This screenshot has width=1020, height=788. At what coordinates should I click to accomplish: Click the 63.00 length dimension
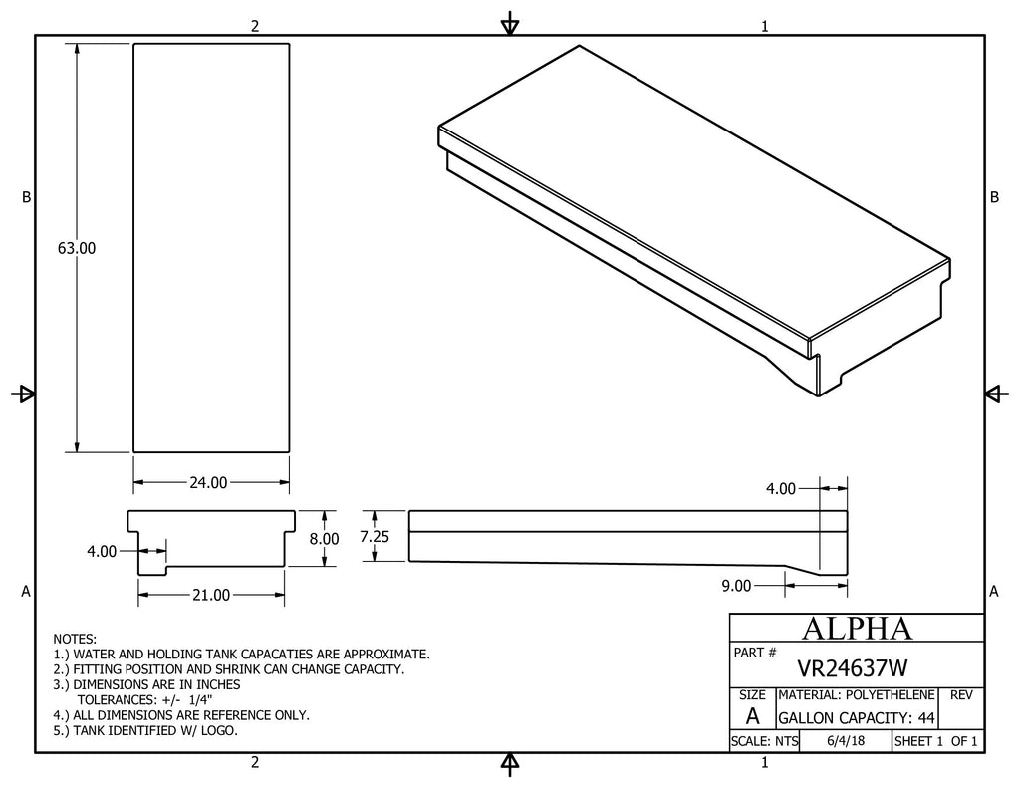tap(76, 248)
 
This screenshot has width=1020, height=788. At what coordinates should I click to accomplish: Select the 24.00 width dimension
tap(209, 483)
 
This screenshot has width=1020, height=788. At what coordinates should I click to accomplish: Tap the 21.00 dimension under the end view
tap(211, 595)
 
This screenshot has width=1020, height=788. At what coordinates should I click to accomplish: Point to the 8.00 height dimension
tap(324, 539)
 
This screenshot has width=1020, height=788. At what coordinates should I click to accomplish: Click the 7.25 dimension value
tap(375, 536)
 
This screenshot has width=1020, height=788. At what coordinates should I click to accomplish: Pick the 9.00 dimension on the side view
tap(736, 586)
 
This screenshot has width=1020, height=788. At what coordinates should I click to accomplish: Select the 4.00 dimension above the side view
tap(781, 489)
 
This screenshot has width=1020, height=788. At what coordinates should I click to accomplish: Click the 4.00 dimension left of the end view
tap(102, 551)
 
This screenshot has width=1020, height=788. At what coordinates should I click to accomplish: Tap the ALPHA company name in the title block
tap(857, 629)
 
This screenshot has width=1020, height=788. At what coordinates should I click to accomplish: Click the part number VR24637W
tap(853, 668)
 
